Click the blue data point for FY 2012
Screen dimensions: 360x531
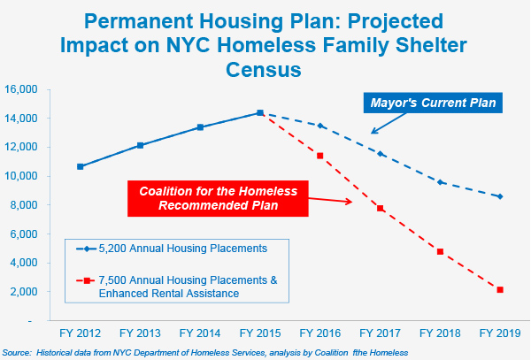(x=81, y=166)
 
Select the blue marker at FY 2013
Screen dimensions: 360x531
(x=141, y=145)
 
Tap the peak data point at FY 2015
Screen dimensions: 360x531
(x=260, y=113)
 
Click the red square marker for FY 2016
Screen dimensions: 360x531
(x=320, y=156)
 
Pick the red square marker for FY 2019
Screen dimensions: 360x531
(x=500, y=289)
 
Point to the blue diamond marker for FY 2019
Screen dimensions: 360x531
(x=500, y=196)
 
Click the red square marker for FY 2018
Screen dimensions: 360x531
(x=440, y=251)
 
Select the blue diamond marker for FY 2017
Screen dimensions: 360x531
(x=381, y=154)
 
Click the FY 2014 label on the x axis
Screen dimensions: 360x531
(x=200, y=333)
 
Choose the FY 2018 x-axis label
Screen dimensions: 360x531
(x=440, y=333)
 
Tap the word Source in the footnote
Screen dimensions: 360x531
(x=17, y=352)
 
